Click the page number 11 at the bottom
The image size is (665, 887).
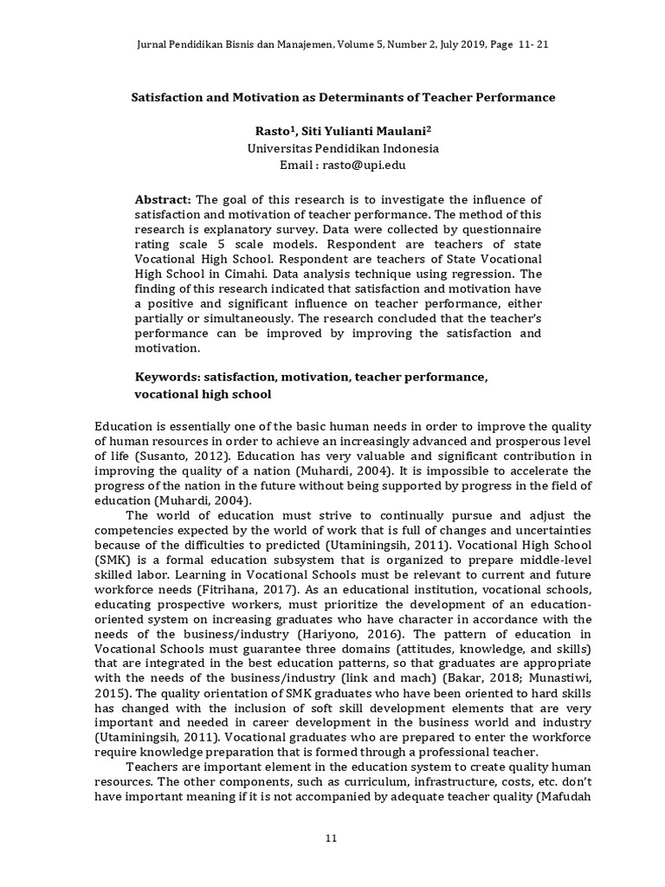(x=331, y=837)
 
